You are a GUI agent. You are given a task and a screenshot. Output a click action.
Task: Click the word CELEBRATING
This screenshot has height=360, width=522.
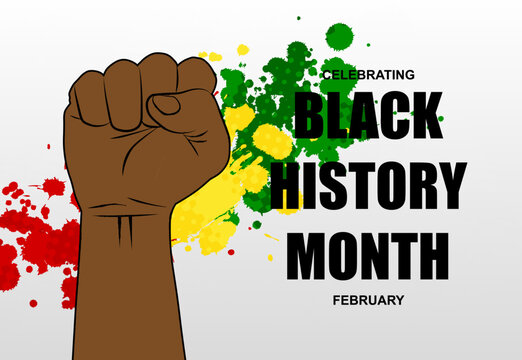367,74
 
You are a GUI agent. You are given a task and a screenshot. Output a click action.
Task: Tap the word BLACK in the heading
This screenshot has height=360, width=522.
369,116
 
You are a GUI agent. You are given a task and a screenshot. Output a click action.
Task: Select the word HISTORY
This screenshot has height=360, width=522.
369,186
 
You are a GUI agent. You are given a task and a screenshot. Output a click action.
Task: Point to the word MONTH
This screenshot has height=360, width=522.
368,255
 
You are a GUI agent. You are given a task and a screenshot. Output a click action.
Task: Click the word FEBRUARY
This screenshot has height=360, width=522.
368,298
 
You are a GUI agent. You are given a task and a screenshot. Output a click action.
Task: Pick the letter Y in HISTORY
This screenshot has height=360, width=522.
447,186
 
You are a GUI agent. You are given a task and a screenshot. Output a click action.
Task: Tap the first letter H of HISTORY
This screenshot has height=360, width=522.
288,186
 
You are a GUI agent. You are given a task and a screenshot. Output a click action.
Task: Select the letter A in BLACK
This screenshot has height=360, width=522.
362,116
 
